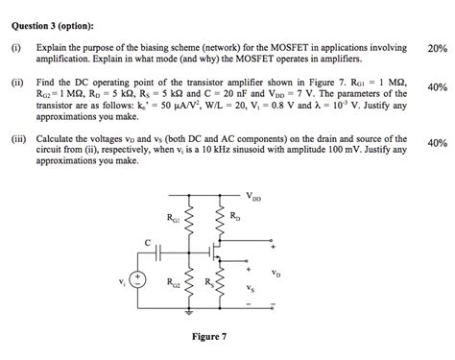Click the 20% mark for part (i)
(438, 47)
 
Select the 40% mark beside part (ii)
(438, 87)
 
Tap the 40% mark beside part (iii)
(438, 143)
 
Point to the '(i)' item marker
(16, 45)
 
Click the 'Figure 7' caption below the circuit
(209, 337)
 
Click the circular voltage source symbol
(136, 279)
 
